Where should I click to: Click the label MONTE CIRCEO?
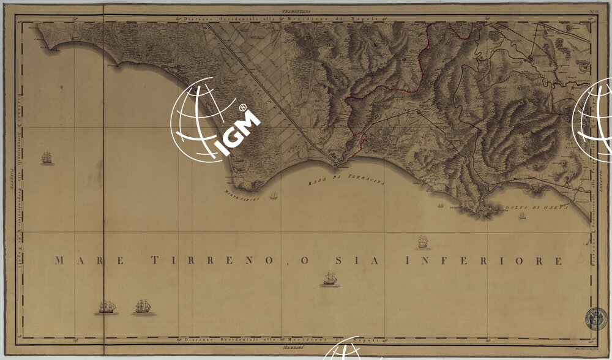point(242,198)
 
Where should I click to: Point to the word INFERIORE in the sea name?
point(483,261)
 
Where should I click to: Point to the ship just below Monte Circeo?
point(274,196)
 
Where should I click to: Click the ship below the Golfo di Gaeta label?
point(522,216)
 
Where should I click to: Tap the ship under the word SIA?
point(330,280)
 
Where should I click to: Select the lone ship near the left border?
point(47,159)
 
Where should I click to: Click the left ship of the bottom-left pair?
point(106,306)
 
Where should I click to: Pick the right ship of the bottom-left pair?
point(143,306)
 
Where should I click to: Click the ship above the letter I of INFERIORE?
point(421,242)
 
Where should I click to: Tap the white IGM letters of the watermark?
point(239,132)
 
